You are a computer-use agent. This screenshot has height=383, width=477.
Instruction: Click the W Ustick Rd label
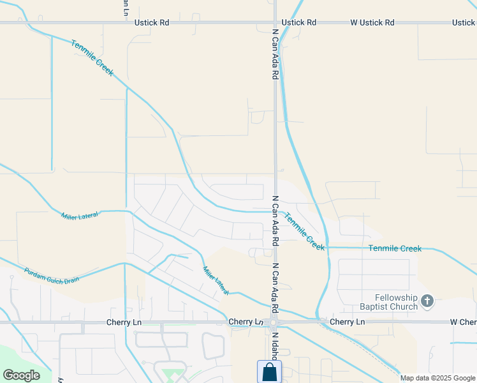coord(372,22)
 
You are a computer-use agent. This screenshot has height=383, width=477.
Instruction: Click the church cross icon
coord(427,301)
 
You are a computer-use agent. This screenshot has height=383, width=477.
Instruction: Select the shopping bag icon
coord(269,372)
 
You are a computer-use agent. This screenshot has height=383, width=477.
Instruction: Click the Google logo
coord(21,375)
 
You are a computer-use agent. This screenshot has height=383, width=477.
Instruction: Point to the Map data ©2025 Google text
coord(438,378)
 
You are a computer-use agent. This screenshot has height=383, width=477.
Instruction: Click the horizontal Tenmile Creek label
coord(395,248)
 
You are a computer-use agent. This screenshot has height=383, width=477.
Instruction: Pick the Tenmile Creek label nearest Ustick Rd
coord(92,58)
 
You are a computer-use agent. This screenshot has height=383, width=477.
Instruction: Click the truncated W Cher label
coord(463,322)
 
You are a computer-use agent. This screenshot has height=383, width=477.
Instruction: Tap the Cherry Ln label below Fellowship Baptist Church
coord(348,322)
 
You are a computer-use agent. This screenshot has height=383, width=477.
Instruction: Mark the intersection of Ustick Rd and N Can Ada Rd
coord(275,22)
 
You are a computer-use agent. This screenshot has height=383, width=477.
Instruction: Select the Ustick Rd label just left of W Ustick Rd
coord(299,22)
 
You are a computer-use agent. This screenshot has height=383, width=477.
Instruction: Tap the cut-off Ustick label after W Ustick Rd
coord(464,22)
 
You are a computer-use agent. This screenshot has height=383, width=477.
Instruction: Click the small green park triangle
coord(170,373)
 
